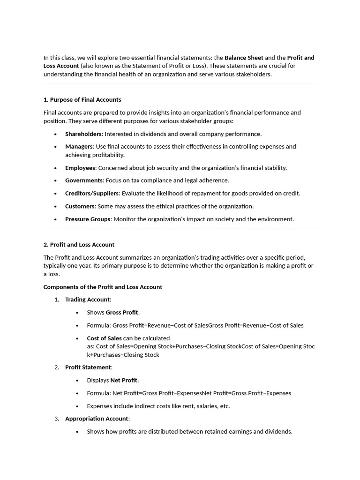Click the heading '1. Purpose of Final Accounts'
[x=82, y=99]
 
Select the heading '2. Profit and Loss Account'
[x=79, y=244]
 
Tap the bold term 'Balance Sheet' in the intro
[x=244, y=58]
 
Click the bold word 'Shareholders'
[x=83, y=134]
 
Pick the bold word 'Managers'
[x=79, y=146]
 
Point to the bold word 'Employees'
[x=80, y=167]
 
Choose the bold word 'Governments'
[x=84, y=180]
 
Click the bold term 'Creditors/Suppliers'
[x=92, y=193]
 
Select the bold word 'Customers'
[x=80, y=206]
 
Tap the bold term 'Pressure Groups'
[x=88, y=219]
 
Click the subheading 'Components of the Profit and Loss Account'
[x=103, y=287]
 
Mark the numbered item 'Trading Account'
[x=87, y=300]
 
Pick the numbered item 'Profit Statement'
[x=88, y=367]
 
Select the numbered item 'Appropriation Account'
[x=97, y=419]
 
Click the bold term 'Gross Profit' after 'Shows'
[x=122, y=312]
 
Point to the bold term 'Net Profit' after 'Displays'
[x=124, y=380]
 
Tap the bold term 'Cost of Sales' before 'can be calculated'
[x=104, y=338]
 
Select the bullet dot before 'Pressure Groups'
[x=55, y=219]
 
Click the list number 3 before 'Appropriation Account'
[x=56, y=419]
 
